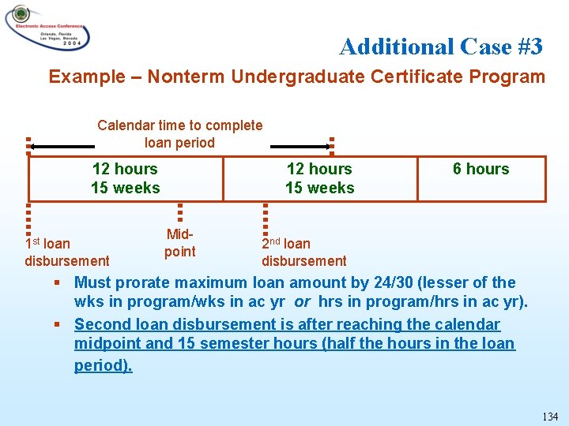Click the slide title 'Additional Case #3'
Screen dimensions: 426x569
pyautogui.click(x=440, y=47)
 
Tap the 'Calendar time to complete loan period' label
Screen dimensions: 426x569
pyautogui.click(x=179, y=134)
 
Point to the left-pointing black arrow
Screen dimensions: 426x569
pyautogui.click(x=62, y=146)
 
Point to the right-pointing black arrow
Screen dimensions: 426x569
pyautogui.click(x=300, y=146)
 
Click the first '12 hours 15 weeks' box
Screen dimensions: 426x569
pyautogui.click(x=125, y=178)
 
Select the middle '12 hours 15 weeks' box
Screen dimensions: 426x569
pyautogui.click(x=319, y=178)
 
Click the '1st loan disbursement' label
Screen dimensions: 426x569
pyautogui.click(x=66, y=252)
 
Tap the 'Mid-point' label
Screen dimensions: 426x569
pyautogui.click(x=179, y=243)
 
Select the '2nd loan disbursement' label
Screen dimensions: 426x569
pyautogui.click(x=303, y=252)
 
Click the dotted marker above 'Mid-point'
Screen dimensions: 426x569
pyautogui.click(x=179, y=214)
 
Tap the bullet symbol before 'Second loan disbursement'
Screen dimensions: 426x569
pyautogui.click(x=58, y=324)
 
